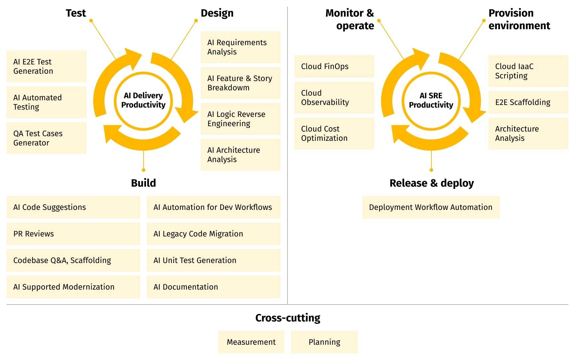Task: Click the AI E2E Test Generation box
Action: click(47, 66)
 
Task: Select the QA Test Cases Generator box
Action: click(47, 138)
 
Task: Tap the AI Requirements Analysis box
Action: click(240, 47)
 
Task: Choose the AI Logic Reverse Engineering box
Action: click(240, 119)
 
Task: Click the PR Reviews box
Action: click(73, 234)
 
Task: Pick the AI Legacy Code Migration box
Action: click(213, 234)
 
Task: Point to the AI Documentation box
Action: click(213, 287)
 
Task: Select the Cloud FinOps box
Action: click(334, 66)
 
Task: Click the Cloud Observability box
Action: click(334, 98)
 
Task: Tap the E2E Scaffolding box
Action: click(528, 102)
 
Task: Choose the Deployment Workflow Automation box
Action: click(431, 207)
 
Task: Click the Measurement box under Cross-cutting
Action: click(251, 342)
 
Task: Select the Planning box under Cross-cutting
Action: click(324, 342)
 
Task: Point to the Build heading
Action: click(143, 183)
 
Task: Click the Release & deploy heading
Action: click(431, 183)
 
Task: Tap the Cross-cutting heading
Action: click(287, 318)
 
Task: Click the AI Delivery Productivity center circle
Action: click(143, 100)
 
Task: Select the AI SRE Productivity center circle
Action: click(431, 100)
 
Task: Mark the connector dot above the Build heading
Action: click(144, 170)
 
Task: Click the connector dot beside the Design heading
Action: click(196, 21)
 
